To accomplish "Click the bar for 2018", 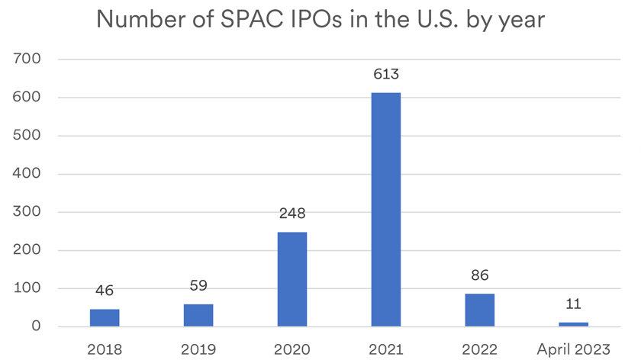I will pos(105,318).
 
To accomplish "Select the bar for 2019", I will pos(198,315).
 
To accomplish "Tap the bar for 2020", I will pos(292,279).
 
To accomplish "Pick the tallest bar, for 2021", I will pos(385,210).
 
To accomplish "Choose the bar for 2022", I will pos(479,310).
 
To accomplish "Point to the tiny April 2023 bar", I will pos(573,324).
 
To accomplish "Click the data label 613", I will pos(385,75).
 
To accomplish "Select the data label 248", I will pos(292,214).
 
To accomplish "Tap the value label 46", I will pos(105,291).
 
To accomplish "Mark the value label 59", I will pos(198,286).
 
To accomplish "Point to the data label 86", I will pos(479,275).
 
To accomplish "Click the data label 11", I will pos(573,304).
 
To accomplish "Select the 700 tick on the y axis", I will pos(28,59).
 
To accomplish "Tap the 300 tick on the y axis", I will pos(28,212).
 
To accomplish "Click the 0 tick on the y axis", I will pos(35,326).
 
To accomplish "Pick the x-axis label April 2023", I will pos(573,349).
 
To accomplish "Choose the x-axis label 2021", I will pos(385,349).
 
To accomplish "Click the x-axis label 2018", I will pos(105,349).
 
